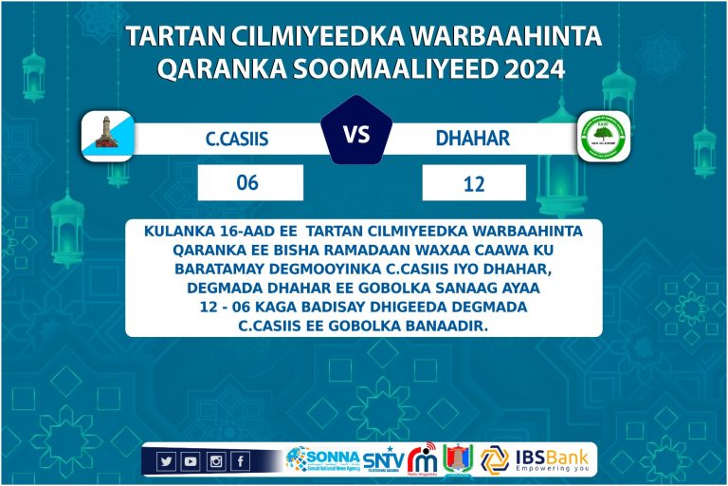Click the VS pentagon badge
pos(356,135)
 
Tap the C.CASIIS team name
pos(237,139)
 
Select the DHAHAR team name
pos(472,139)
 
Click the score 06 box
pos(249,182)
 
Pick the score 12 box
pos(474,182)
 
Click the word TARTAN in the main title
pos(171,36)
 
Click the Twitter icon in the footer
pos(167,461)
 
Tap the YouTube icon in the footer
pos(191,461)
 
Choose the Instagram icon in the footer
pos(215,461)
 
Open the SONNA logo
pos(321,459)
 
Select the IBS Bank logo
pos(537,459)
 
